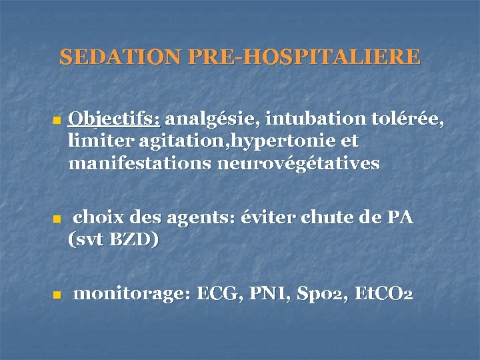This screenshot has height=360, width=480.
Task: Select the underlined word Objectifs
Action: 114,120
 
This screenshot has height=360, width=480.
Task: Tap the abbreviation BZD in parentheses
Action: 127,239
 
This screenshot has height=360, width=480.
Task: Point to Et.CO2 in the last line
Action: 383,294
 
